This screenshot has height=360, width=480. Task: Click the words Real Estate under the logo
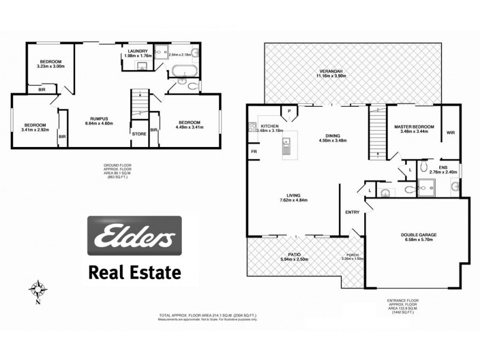click(134, 273)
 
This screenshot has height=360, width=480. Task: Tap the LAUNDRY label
click(137, 51)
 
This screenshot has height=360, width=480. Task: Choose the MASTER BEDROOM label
click(414, 127)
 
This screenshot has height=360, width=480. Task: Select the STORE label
click(139, 134)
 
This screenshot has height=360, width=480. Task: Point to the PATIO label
click(294, 254)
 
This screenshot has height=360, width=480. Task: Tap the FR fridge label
click(254, 152)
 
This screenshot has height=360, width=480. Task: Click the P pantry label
click(290, 110)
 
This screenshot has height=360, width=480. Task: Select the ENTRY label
click(352, 212)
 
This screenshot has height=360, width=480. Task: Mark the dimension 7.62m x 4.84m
click(293, 200)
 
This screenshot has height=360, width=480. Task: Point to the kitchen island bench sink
click(286, 143)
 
